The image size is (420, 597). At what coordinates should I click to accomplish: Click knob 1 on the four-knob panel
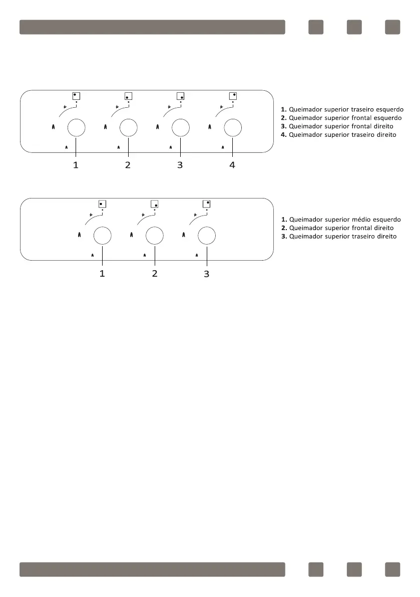coord(76,128)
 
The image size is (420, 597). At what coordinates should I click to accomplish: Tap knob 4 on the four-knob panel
coord(233,128)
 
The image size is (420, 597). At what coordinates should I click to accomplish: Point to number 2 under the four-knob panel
coord(128,165)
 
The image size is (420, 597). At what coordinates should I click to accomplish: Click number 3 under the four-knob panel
coord(180,165)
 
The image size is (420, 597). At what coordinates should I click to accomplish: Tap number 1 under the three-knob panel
coord(102,273)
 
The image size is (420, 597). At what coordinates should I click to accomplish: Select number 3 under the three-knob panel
coord(206,274)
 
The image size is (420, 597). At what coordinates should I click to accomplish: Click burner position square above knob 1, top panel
coord(76,95)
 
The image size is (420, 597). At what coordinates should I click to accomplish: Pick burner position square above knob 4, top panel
coord(233,95)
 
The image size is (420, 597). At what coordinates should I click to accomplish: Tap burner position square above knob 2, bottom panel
coord(155,204)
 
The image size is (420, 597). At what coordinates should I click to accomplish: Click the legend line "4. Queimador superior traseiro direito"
coord(338,135)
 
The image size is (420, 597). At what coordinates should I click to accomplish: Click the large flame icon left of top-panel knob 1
coord(53,128)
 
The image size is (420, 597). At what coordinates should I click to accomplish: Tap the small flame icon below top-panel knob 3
coord(171,147)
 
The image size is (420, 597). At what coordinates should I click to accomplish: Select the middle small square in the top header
coord(354,27)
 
